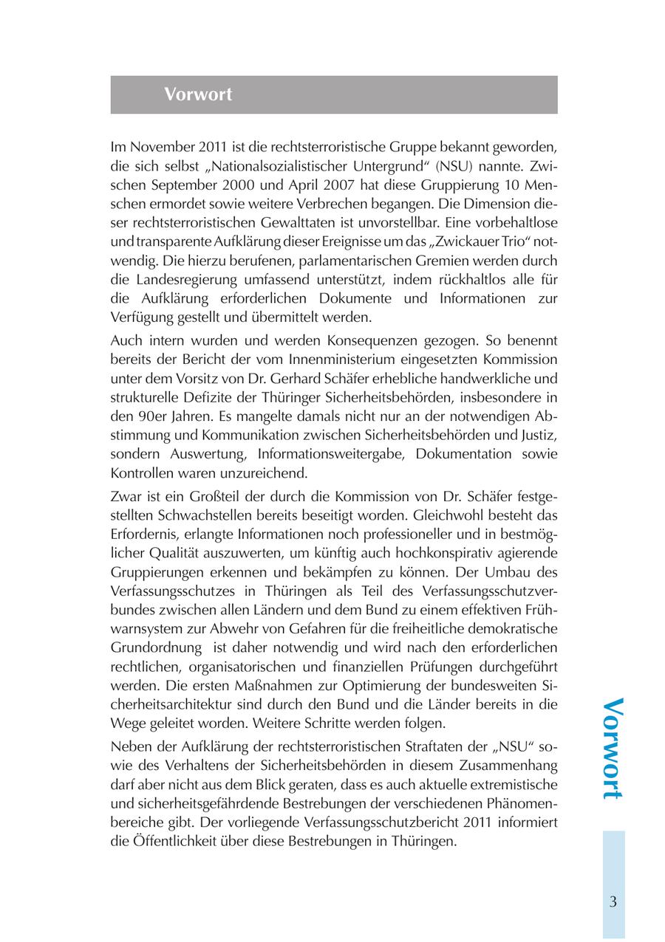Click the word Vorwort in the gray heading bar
(x=198, y=94)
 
